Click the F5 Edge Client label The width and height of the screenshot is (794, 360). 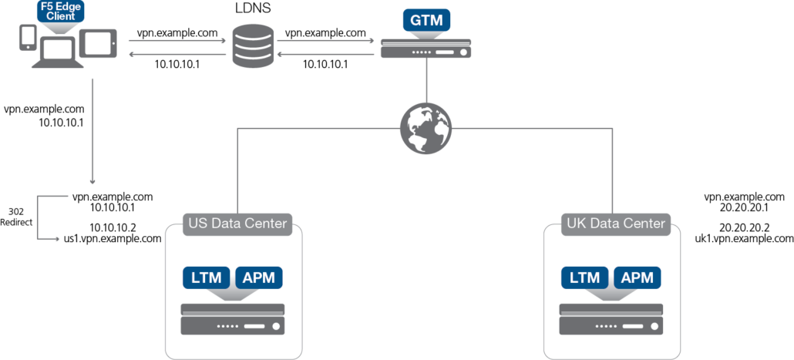[60, 12]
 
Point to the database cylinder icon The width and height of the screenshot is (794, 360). [253, 46]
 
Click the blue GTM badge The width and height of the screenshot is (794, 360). [426, 21]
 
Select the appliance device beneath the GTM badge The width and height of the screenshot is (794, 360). [426, 50]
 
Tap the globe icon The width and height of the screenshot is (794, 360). [426, 128]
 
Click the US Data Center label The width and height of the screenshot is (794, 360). [237, 224]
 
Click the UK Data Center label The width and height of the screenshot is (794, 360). [616, 224]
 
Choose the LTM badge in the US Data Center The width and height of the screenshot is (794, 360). [206, 278]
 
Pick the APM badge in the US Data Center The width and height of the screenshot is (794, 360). [258, 278]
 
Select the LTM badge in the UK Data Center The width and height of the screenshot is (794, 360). [584, 278]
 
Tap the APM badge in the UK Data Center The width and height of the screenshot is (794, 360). [637, 278]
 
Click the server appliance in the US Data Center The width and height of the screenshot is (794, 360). [232, 319]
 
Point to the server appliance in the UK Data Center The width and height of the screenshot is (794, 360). [611, 319]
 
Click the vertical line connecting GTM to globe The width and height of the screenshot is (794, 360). [426, 81]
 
